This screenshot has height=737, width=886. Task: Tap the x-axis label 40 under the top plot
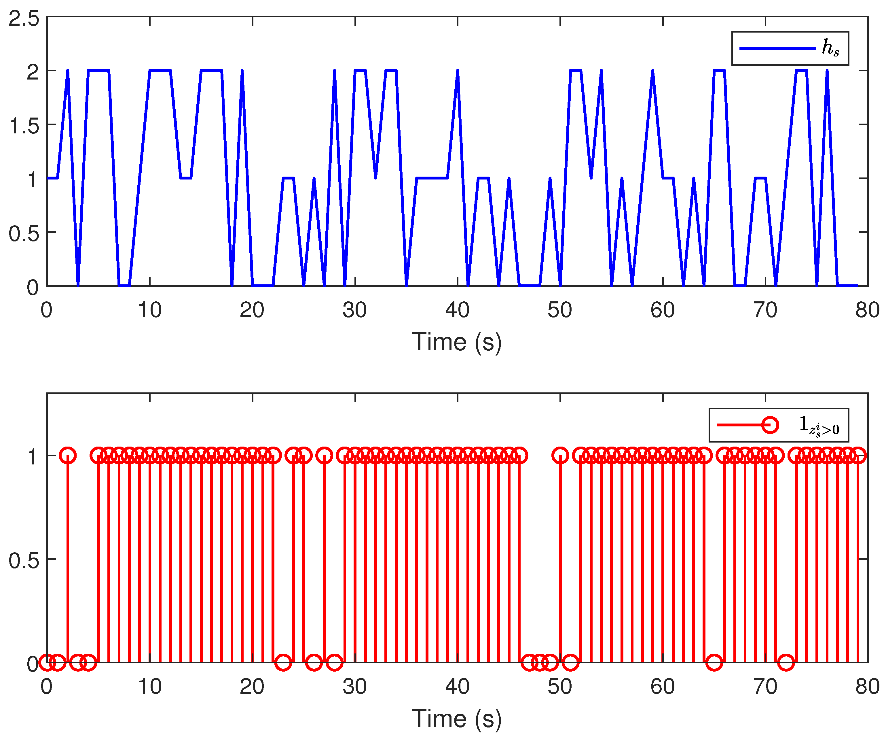point(457,310)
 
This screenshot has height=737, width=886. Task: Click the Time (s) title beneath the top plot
point(457,342)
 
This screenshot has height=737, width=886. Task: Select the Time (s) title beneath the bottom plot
point(457,719)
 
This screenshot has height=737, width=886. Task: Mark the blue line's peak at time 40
point(458,71)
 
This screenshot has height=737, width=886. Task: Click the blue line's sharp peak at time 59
point(653,71)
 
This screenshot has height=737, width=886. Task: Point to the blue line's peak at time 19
point(242,71)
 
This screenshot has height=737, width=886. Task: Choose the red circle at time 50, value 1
point(560,456)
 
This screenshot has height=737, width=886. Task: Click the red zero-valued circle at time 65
point(714,662)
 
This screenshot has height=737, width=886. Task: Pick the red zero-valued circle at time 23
point(283,662)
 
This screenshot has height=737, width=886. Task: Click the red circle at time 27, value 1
point(324,456)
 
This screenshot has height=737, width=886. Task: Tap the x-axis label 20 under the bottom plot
point(252,687)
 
